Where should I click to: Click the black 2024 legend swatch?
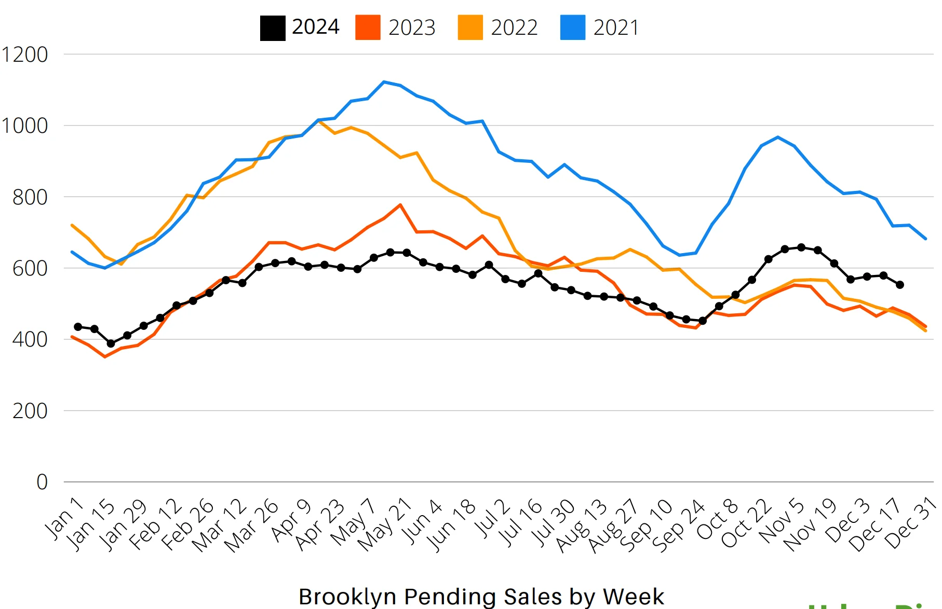click(x=273, y=28)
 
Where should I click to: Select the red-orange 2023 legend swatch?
click(x=368, y=28)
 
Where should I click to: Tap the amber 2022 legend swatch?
click(x=470, y=28)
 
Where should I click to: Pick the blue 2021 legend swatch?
click(x=573, y=28)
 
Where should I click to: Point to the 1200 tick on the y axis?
click(x=25, y=54)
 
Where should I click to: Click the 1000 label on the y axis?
click(x=25, y=126)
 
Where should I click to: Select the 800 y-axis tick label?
click(x=30, y=197)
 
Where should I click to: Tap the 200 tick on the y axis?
click(x=30, y=411)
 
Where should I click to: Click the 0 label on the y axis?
click(x=42, y=482)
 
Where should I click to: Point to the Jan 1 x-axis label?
click(x=64, y=518)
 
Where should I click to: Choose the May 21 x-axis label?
click(x=385, y=524)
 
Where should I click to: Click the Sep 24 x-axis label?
click(x=678, y=525)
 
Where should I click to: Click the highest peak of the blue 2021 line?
click(x=384, y=82)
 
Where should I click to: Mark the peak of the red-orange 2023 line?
click(x=400, y=205)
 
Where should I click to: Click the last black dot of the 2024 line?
click(x=900, y=285)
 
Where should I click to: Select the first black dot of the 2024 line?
click(x=78, y=327)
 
